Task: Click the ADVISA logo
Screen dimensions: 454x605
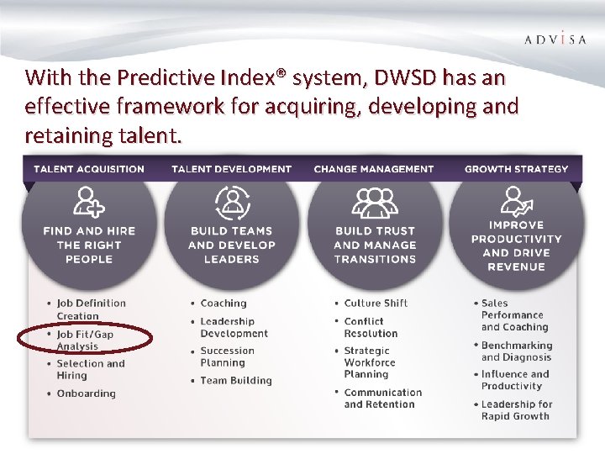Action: tap(555, 39)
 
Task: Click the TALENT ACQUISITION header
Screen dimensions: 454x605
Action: tap(89, 169)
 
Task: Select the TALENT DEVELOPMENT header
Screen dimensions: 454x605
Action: tap(231, 169)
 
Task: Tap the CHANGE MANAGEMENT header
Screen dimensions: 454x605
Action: tap(374, 169)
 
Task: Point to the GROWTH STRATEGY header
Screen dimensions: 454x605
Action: tap(516, 169)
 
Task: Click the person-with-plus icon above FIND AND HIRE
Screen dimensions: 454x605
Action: tap(89, 202)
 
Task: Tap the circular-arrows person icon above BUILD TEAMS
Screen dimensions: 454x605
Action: tap(231, 202)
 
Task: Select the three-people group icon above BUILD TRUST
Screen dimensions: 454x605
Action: tap(375, 202)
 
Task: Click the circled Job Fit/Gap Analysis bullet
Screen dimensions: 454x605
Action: tap(85, 340)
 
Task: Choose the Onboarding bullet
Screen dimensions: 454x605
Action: tap(86, 393)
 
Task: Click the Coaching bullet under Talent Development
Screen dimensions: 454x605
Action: tap(224, 304)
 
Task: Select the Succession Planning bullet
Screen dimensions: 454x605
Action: tap(227, 356)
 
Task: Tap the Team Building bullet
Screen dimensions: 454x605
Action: tap(236, 380)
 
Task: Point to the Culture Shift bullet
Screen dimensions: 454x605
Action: tap(375, 304)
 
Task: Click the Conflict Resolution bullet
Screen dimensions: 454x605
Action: tap(371, 327)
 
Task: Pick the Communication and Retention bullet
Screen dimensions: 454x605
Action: tap(382, 398)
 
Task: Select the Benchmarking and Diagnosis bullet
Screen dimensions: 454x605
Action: tap(516, 351)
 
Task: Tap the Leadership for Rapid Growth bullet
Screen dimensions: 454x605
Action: tap(516, 409)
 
